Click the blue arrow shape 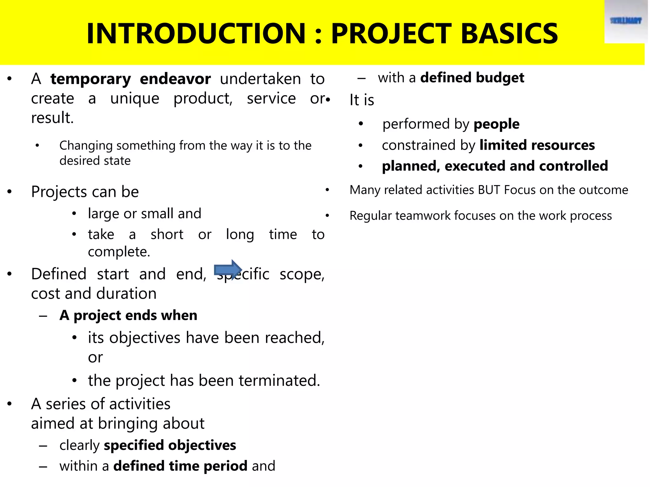[x=228, y=270]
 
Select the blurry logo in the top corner [x=626, y=21]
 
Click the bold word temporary [x=91, y=79]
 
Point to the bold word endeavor [x=175, y=79]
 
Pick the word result [x=52, y=118]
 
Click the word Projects [x=59, y=192]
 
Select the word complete [x=119, y=252]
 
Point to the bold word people [x=496, y=124]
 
